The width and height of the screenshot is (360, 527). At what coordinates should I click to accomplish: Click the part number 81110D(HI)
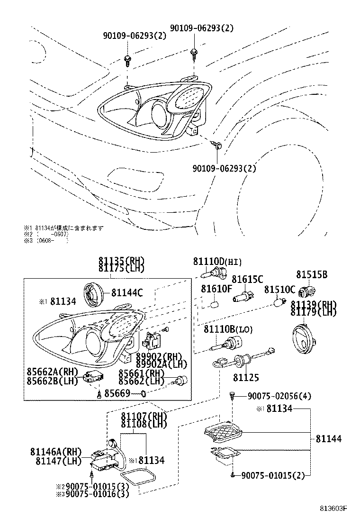(217, 261)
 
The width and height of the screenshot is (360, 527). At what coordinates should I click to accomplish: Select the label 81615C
(247, 279)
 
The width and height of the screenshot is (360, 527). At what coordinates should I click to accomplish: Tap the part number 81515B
(312, 274)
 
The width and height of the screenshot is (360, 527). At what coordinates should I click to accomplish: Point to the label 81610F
(216, 289)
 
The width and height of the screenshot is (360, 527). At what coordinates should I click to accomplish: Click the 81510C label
(279, 289)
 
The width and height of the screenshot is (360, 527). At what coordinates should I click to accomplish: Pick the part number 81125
(245, 377)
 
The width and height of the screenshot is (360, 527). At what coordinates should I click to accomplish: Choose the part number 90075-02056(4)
(279, 396)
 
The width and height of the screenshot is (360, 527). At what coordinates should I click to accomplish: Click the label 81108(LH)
(144, 424)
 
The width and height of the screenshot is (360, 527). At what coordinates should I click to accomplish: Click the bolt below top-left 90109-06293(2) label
(127, 59)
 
